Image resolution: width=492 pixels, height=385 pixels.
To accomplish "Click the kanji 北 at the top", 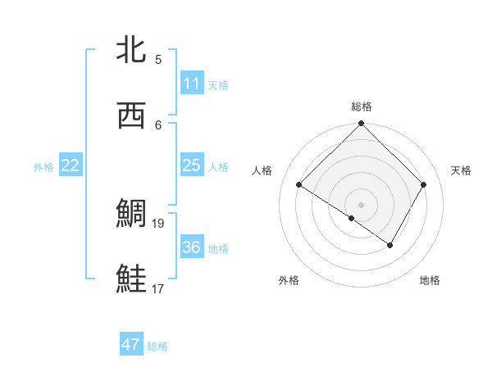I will point(133,50).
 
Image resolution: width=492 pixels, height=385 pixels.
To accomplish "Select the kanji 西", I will point(133,115).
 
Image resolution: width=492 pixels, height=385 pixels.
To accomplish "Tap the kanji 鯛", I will point(133,214).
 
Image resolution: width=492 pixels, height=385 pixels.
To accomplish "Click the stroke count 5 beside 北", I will point(158,59).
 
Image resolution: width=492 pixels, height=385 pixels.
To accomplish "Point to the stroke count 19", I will point(159,223).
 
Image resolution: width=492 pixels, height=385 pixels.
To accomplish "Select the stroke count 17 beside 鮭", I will point(159,288).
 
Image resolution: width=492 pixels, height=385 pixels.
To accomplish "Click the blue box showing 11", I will point(191,84).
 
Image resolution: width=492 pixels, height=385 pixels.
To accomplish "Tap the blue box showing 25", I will point(191,165).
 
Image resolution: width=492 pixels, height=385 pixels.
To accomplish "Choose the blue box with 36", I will point(191,247).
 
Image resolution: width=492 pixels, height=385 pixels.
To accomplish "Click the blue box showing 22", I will point(71,165).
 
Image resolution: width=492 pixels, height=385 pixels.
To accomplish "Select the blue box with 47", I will point(131,345).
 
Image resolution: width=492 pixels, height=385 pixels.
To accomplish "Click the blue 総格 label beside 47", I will point(157,346).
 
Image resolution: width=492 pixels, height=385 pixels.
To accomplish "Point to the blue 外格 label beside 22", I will point(43,167).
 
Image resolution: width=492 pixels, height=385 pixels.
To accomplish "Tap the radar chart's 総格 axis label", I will point(361,106).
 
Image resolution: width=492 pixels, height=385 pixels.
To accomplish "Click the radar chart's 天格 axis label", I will point(461,170).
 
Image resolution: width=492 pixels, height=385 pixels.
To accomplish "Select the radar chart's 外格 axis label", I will point(288,280).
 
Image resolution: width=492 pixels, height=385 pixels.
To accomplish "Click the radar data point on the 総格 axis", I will point(361,125).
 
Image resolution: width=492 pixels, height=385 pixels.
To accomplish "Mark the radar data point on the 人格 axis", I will point(299,185).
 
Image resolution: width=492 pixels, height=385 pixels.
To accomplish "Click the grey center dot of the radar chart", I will point(361,204).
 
